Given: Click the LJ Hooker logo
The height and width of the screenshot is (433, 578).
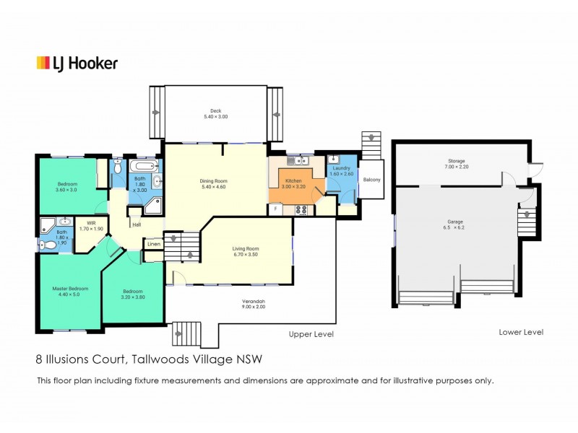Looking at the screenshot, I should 77,64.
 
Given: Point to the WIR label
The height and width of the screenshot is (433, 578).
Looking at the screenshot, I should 91,224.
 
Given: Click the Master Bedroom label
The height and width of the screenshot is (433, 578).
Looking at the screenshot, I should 69,289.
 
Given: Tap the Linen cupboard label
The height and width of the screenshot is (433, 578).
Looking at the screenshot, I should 153,245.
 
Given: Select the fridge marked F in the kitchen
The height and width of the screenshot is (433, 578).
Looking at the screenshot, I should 275,209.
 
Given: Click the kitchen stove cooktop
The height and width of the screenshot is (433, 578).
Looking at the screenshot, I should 302,210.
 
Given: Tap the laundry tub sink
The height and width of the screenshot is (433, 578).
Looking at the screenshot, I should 333,160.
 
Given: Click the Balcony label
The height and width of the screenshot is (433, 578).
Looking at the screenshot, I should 371,180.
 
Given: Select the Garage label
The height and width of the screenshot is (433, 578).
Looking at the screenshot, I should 454,222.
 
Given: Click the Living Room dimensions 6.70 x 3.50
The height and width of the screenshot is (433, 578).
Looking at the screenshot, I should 246,255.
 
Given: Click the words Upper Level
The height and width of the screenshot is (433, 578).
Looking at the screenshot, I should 311,334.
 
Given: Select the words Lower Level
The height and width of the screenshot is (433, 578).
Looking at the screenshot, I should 520,332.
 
